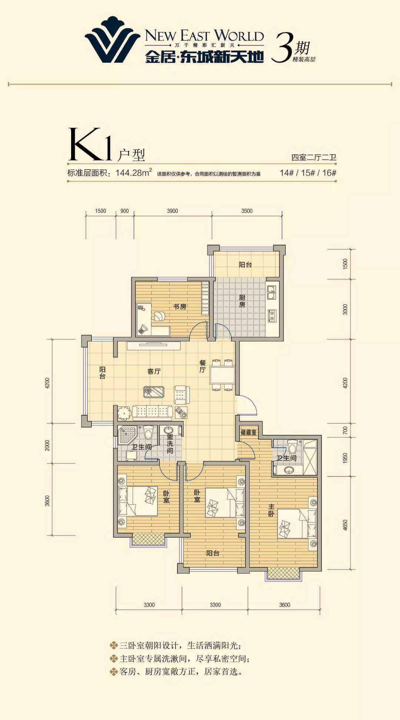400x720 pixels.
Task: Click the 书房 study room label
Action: click(180, 307)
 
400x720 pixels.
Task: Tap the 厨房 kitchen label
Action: click(242, 301)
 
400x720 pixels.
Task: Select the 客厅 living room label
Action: click(154, 371)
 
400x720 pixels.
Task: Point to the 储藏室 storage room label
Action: click(249, 432)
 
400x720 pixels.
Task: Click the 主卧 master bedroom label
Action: click(271, 510)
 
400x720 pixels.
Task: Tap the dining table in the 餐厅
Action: click(222, 375)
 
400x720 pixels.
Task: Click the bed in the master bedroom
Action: click(297, 524)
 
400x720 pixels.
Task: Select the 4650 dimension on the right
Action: click(345, 525)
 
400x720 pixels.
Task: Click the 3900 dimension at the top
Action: click(172, 211)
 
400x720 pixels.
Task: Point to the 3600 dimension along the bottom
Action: click(284, 605)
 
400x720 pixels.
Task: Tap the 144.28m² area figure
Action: click(134, 172)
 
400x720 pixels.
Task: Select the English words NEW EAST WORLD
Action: click(204, 36)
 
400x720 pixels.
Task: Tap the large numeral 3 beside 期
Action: click(283, 47)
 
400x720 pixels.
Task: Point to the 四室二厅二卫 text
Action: click(314, 157)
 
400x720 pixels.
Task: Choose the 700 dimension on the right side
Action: click(345, 430)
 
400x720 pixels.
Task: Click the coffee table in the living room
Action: click(154, 392)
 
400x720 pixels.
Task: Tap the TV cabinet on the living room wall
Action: click(154, 346)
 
